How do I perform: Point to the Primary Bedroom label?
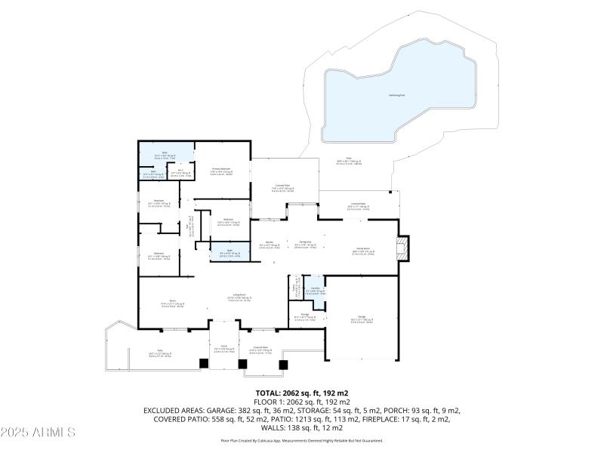220,172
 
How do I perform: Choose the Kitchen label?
269,243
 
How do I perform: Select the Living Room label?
234,298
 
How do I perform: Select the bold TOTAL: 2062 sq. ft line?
301,393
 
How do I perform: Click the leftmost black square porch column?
203,363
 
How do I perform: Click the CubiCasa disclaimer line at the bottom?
301,440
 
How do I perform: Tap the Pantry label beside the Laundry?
296,289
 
